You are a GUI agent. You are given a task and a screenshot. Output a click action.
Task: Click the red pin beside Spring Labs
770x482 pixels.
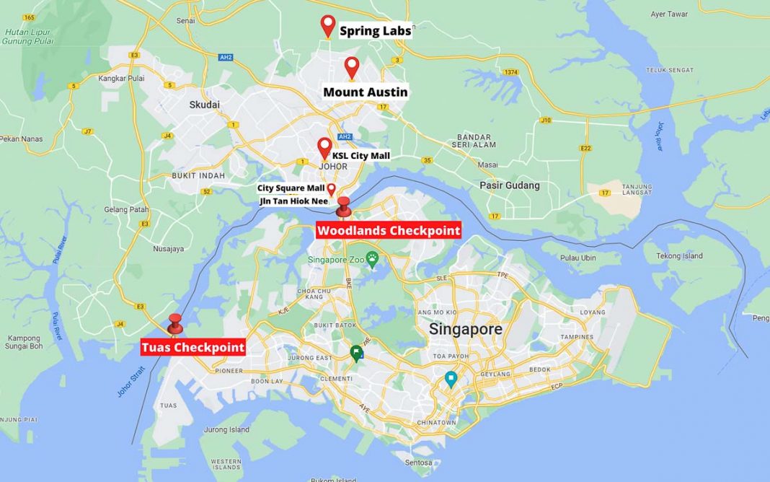(x=328, y=25)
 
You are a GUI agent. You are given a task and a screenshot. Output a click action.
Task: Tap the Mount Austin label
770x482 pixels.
(x=365, y=92)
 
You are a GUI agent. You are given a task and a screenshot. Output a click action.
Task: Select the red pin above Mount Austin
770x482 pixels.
(x=351, y=67)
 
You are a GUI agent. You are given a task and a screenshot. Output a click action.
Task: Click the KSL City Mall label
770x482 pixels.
(x=360, y=155)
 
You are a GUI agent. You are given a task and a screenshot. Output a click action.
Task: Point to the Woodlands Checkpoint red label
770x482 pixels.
(x=388, y=231)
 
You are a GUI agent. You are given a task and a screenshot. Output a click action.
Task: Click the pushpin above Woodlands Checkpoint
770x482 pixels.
(x=344, y=206)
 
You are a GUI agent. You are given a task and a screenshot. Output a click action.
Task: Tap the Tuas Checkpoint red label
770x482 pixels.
(x=192, y=347)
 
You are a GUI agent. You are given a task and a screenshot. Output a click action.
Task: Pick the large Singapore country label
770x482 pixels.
(x=466, y=329)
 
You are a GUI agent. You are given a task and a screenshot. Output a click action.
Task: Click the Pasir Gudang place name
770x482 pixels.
(x=510, y=185)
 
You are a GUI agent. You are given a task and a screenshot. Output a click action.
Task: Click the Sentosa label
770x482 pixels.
(x=417, y=463)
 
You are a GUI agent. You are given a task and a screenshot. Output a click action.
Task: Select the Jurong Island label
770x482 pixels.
(x=226, y=430)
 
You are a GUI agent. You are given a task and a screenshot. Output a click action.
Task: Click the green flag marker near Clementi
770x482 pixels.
(x=356, y=353)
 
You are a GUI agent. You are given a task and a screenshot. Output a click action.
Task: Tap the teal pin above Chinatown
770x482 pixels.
(x=451, y=379)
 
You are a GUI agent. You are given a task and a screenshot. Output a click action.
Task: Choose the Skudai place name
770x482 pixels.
(x=204, y=105)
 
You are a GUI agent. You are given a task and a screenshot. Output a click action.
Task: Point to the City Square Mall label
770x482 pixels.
(x=291, y=188)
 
